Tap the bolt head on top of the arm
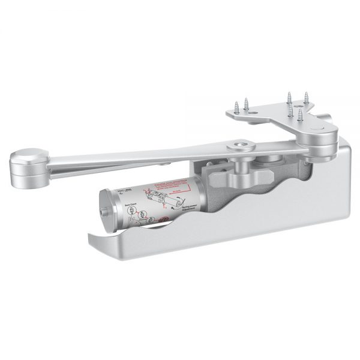(x=239, y=145)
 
